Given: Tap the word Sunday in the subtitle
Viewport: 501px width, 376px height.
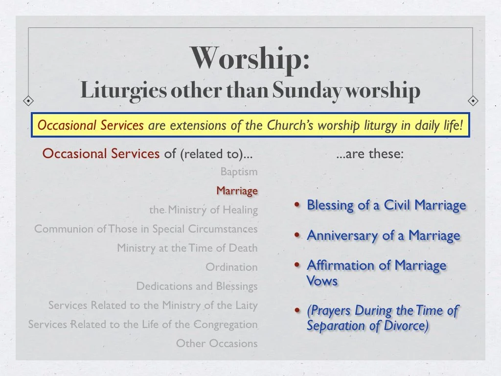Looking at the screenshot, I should coord(308,90).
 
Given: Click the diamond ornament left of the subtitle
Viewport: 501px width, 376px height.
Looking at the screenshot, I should coord(29,101).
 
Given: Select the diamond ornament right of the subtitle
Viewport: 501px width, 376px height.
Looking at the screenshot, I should coord(473,101).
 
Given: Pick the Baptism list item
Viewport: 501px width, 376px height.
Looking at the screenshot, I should coord(239,172).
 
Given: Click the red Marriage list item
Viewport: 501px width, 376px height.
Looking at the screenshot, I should coord(237,191).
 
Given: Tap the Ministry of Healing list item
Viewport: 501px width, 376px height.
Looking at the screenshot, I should coord(204,210).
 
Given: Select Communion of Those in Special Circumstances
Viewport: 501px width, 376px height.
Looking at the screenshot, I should coord(146,229).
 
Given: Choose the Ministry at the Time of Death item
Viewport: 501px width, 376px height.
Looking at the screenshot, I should coord(187,248).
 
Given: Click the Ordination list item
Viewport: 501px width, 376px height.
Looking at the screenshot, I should coord(231,267).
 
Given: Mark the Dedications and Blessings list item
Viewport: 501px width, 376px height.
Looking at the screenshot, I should coord(197,286).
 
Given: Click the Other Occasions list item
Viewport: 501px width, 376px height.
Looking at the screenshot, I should coord(217,344).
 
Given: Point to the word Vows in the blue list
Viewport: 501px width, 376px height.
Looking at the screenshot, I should coord(322,281).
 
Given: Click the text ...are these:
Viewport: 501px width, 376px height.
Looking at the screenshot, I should coord(370,154).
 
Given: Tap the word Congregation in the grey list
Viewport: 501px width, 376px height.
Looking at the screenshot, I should coord(226,325).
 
